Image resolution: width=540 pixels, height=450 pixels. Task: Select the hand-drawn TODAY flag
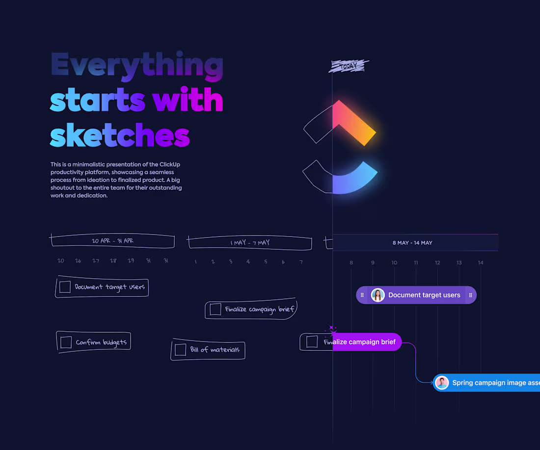coord(349,66)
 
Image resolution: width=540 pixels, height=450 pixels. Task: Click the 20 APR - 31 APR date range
coord(112,241)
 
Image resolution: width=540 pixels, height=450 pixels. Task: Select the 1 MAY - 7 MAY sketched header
coord(250,243)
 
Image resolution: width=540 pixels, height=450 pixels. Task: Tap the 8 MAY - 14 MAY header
coord(412,243)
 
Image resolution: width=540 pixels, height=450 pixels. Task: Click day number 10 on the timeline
coord(394,263)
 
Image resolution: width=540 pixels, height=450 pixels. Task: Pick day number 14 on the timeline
coord(481,263)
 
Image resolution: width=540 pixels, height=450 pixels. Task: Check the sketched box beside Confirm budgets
coord(65,342)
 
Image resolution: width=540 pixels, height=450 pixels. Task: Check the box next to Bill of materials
coord(181,350)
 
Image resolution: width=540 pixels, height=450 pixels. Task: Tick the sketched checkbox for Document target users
coord(65,287)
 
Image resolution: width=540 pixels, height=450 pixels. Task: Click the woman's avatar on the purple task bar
coord(378,295)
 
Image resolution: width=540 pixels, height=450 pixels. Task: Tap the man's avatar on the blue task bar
coord(442,383)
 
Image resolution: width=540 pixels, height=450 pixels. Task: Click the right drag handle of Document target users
coord(470,295)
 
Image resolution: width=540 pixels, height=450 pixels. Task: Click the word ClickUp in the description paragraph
coord(170,164)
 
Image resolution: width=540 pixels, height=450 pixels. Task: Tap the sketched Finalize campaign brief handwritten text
coord(259,309)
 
